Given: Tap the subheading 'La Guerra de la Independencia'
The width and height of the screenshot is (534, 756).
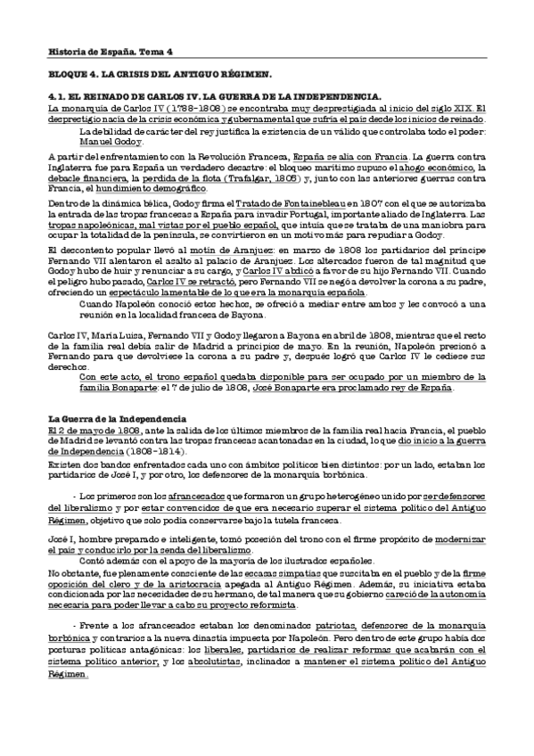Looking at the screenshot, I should [x=117, y=419].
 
